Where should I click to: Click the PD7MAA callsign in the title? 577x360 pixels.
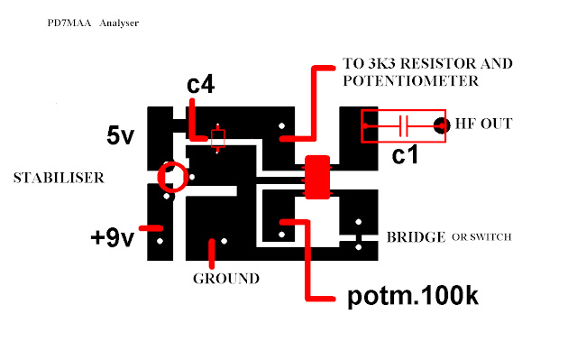click(69, 23)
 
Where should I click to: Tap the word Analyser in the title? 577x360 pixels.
click(119, 23)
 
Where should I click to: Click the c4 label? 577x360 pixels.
click(200, 85)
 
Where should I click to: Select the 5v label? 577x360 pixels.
click(120, 135)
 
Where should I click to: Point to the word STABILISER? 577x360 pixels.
click(59, 178)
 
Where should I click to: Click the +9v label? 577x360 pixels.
click(112, 237)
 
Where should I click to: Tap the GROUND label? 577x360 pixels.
click(226, 279)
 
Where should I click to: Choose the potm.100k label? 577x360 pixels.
click(413, 296)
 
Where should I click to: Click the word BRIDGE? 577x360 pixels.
click(416, 237)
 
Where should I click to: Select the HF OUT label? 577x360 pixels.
click(483, 124)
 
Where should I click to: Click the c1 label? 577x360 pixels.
click(405, 154)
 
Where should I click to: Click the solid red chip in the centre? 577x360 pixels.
click(317, 177)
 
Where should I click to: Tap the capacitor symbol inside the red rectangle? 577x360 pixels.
click(404, 126)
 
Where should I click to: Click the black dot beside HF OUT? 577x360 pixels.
click(441, 126)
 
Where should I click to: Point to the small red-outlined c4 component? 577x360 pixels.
click(217, 138)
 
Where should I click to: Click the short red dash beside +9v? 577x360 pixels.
click(151, 228)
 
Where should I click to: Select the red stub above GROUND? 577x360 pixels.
click(212, 254)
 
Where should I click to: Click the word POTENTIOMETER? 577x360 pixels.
click(411, 81)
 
